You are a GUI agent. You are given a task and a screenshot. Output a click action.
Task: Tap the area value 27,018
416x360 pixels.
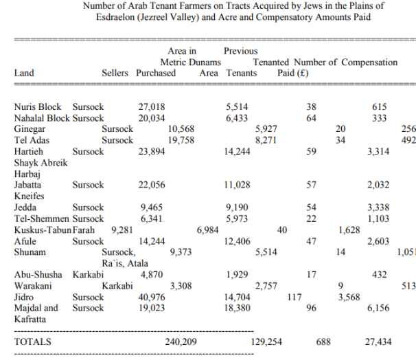tap(152, 107)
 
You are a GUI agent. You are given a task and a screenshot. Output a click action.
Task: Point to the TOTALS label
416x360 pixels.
tap(33, 341)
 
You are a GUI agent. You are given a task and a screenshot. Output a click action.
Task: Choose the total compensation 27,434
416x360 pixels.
tap(378, 341)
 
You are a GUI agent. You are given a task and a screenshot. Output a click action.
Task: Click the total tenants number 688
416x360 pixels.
tap(323, 341)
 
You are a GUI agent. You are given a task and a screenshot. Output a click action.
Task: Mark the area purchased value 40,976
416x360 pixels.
tap(152, 297)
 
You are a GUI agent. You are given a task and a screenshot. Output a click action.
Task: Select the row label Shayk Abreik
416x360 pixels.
tap(41, 163)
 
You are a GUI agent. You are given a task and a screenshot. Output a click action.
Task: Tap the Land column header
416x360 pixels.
tap(24, 73)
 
